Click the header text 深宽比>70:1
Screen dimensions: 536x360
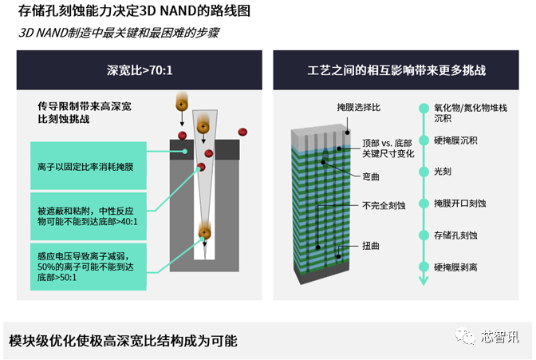click(140, 70)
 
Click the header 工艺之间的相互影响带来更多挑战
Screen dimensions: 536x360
click(396, 70)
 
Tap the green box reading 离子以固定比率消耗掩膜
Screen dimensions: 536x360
click(89, 165)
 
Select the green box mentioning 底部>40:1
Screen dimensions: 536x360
click(89, 216)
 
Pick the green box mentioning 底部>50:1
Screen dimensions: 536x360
click(89, 267)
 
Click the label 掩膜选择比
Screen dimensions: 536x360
click(359, 108)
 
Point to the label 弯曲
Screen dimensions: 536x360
click(371, 177)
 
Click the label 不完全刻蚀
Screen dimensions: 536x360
click(384, 205)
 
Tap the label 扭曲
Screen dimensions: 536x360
click(371, 246)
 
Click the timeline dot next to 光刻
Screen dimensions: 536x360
click(424, 172)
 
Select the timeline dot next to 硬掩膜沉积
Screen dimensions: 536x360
click(424, 140)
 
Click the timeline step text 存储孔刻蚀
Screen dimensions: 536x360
click(455, 235)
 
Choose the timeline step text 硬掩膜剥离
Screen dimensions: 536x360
click(455, 267)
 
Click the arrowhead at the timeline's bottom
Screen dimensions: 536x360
click(424, 281)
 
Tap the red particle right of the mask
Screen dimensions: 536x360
click(242, 132)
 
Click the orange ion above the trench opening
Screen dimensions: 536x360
click(182, 105)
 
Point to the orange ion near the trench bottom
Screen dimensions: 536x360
click(205, 233)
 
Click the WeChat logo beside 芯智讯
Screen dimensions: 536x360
click(465, 336)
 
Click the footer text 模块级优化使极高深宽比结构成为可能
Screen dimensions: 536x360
click(123, 341)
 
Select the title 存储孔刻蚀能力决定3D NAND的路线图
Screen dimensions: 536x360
click(134, 11)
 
